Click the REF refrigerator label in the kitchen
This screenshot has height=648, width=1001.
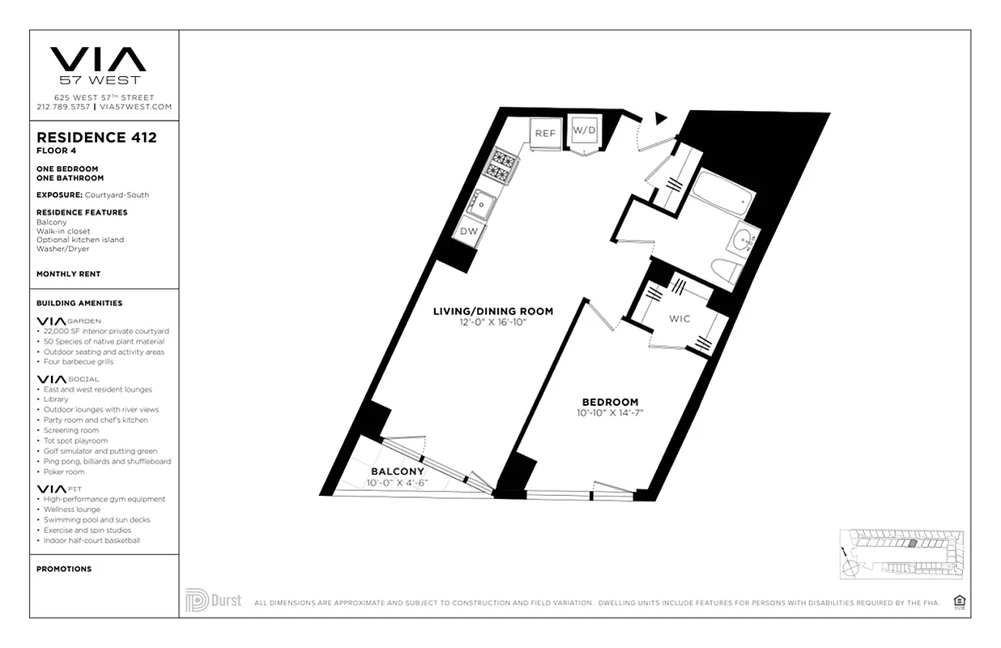point(544,133)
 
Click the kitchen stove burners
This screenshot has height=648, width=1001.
point(500,166)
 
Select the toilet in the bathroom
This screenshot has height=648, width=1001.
point(726,271)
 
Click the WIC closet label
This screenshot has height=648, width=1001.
point(679,319)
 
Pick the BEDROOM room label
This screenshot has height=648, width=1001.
point(610,402)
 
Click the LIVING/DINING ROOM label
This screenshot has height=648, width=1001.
point(492,311)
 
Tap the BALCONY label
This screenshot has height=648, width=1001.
point(398,471)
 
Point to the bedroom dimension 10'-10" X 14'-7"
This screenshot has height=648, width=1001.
point(610,413)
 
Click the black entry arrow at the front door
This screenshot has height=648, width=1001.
point(660,118)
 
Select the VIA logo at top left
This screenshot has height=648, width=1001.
point(98,60)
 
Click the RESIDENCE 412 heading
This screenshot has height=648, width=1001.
point(96,138)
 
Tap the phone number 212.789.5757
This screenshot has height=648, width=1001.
point(63,107)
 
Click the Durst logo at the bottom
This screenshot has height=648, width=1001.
point(214,600)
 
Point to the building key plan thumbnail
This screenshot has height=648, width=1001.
point(901,552)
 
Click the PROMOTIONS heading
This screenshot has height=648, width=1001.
point(64,569)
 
